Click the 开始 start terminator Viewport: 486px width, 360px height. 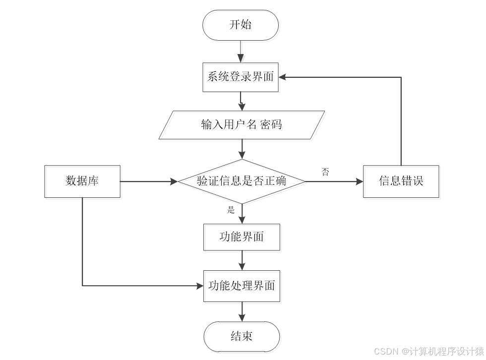241,25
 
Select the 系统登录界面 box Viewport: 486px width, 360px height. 241,77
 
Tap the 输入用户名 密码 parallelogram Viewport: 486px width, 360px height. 242,124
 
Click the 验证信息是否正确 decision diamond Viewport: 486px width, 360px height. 242,181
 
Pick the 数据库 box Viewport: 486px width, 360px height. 82,181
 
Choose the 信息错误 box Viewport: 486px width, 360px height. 401,181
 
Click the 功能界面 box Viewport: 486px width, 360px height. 242,237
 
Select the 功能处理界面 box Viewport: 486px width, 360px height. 242,286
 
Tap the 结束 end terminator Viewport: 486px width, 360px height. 242,336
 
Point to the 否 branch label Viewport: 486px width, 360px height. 325,172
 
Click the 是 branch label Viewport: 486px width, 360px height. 231,210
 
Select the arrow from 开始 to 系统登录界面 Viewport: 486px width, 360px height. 241,52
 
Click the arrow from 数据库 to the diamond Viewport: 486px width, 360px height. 149,181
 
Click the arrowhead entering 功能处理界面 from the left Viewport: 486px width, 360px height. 199,286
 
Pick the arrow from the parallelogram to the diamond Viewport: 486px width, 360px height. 242,149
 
